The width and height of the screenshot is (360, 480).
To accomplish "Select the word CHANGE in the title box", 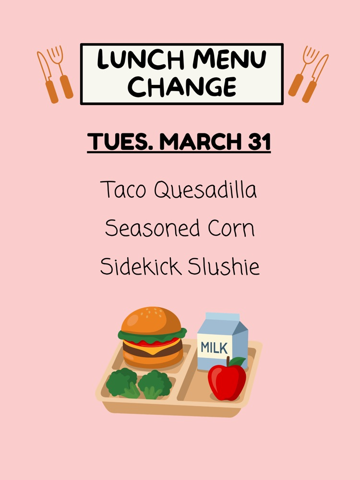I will pyautogui.click(x=182, y=86).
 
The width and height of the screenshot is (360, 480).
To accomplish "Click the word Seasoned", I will pyautogui.click(x=153, y=228).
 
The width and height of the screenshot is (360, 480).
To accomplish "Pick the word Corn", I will pyautogui.click(x=231, y=228).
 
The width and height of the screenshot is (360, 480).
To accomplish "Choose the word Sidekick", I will pyautogui.click(x=140, y=266).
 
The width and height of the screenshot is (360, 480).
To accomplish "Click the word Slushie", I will pyautogui.click(x=224, y=266).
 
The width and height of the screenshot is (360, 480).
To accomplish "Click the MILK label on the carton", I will pyautogui.click(x=215, y=347).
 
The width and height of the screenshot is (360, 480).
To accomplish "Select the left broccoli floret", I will pyautogui.click(x=121, y=382).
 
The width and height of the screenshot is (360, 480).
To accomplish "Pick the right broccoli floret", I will pyautogui.click(x=155, y=383).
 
